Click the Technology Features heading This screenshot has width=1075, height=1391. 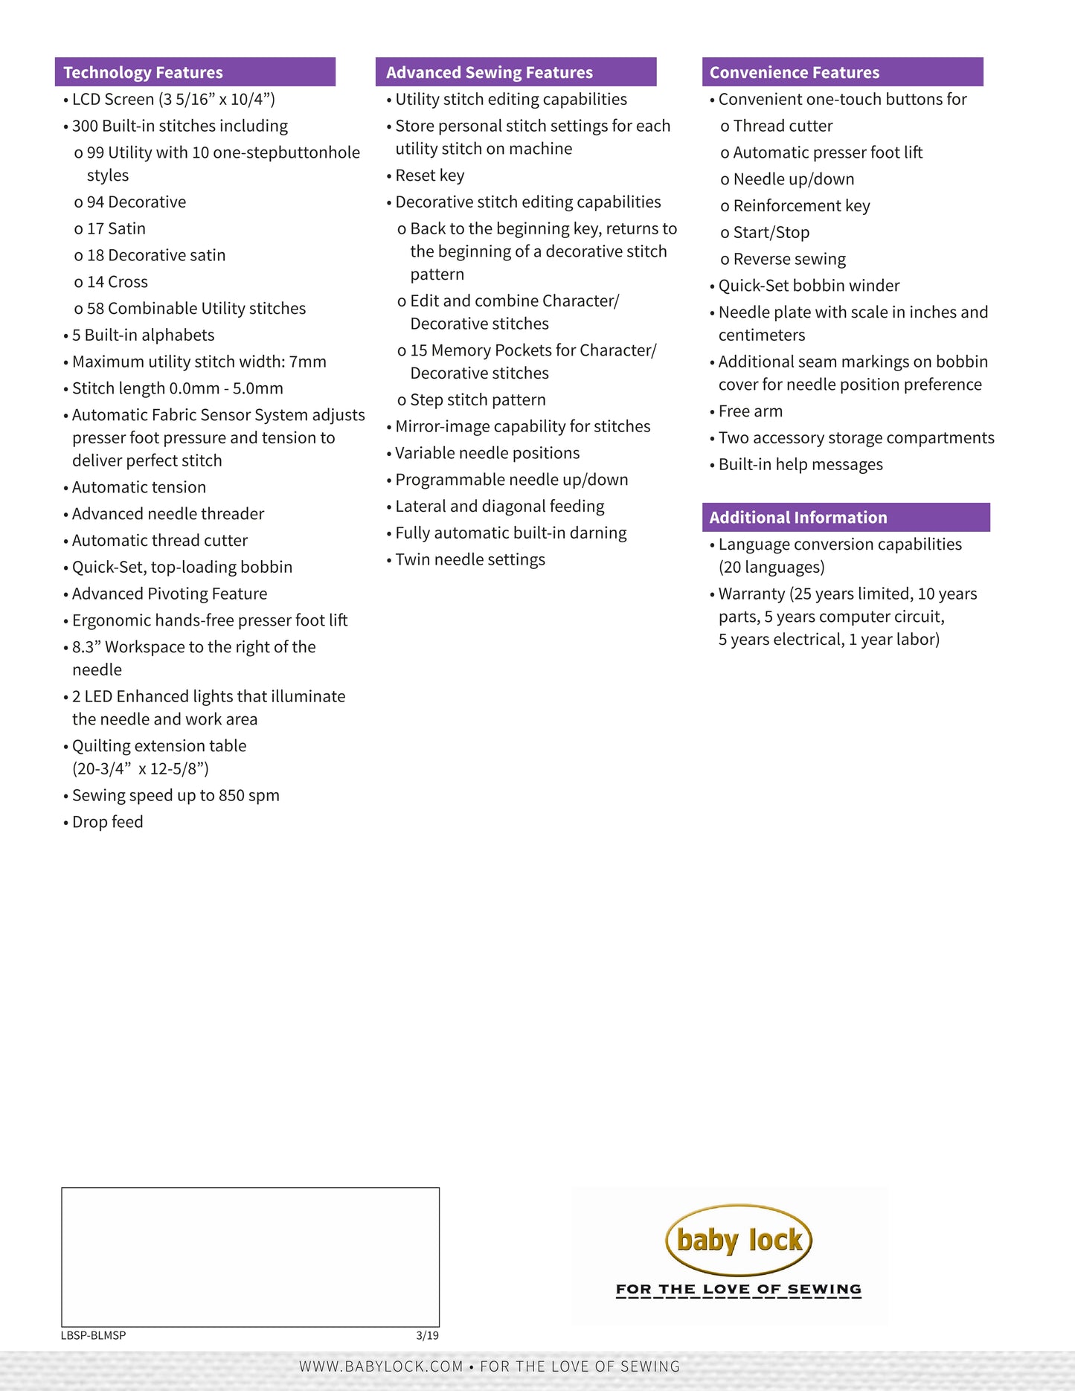143,72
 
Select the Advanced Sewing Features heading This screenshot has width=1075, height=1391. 489,72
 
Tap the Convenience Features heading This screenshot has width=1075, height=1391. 794,72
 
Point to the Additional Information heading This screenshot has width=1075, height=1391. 798,517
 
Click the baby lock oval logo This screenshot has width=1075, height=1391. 739,1240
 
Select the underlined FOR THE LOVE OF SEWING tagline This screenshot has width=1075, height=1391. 739,1289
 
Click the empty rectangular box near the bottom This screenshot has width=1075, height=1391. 250,1256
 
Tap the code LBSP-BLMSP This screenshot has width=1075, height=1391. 94,1335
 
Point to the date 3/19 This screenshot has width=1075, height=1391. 427,1335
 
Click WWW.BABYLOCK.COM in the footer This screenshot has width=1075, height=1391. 381,1366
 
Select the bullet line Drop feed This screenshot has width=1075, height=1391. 107,822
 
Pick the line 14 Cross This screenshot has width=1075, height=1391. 117,282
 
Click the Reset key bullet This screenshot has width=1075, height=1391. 429,176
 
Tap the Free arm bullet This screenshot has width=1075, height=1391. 750,411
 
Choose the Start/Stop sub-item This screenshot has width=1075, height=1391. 771,233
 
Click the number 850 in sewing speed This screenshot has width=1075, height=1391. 231,795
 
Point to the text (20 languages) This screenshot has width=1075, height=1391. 771,568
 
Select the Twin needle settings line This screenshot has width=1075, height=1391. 469,559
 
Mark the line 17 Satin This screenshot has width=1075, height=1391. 116,228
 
